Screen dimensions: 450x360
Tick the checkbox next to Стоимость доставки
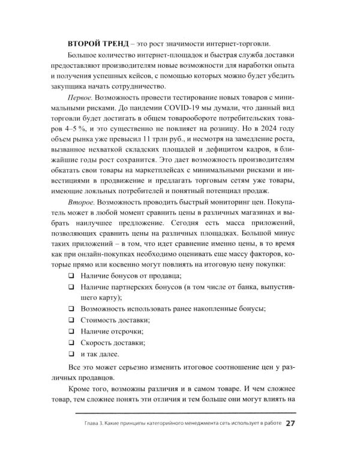[70, 320]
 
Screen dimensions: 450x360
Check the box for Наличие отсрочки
[70, 331]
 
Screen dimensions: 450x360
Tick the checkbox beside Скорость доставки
[70, 343]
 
